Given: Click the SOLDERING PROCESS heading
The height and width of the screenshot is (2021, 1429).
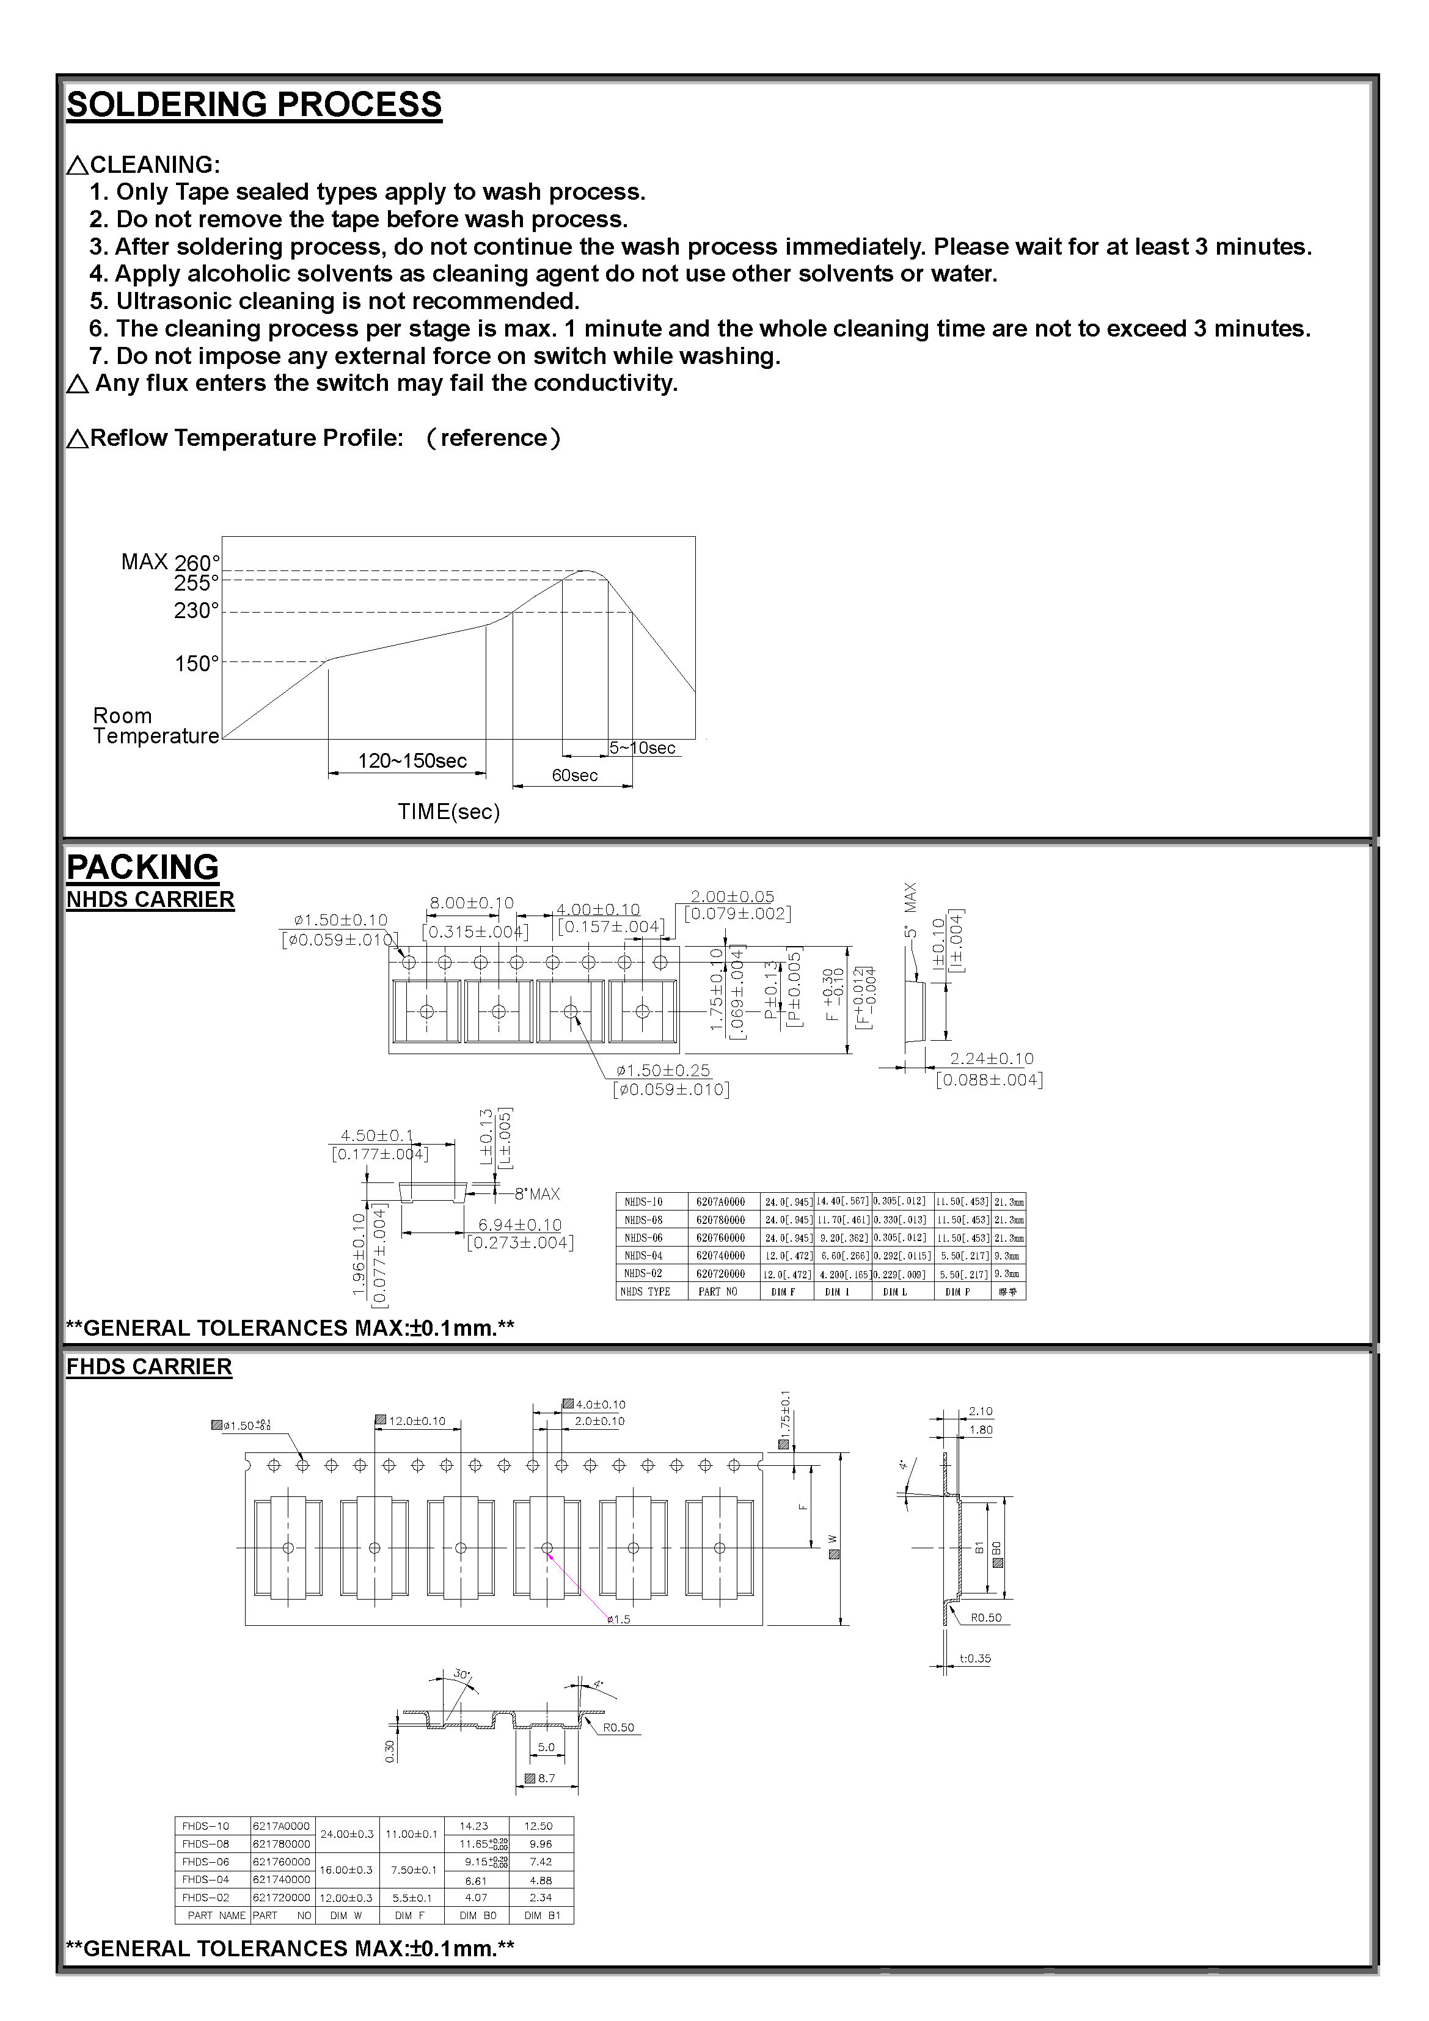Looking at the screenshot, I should coord(254,105).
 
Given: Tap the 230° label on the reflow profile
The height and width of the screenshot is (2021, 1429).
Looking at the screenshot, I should coord(196,611).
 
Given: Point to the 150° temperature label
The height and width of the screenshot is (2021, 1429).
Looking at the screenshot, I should coord(196,664).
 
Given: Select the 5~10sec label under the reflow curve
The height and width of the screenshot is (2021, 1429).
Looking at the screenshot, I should coord(642,748).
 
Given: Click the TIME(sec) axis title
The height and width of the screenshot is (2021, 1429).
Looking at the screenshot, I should coord(448,812).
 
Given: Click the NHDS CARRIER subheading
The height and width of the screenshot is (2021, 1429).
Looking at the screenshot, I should coord(150,900).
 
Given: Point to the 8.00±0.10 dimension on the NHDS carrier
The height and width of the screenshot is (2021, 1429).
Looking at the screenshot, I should coord(471,903).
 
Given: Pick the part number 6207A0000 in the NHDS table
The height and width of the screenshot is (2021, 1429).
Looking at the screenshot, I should coord(720,1201).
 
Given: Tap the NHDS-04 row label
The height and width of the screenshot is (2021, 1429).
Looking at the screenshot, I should coord(643,1256).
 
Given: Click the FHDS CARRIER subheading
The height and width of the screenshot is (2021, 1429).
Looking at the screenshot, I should coord(150,1367).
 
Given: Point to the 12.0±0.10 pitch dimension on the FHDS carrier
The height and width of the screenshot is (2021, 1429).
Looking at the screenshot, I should coord(417,1421).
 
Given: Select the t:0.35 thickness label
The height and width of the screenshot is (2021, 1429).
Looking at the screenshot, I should coord(974,1658).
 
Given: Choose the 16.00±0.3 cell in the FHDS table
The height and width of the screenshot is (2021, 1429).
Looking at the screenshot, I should coord(345,1870).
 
